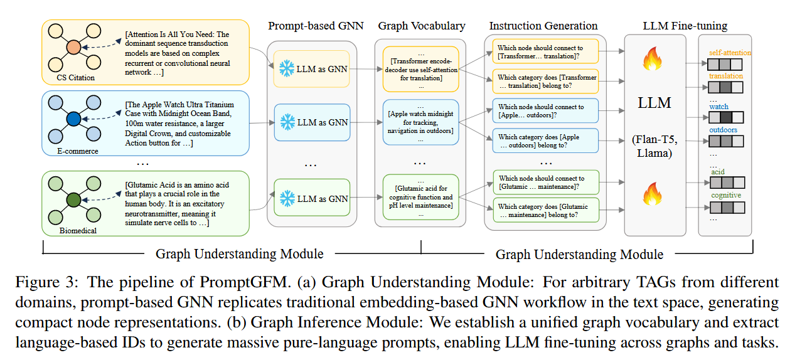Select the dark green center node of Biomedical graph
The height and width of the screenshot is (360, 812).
point(73,201)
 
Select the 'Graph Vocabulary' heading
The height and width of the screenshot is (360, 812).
point(422,26)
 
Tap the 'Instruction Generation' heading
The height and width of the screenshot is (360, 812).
point(543,26)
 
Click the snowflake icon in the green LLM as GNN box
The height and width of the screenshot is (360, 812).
point(287,199)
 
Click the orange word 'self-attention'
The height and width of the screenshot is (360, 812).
point(730,53)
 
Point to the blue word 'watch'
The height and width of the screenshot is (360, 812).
point(719,107)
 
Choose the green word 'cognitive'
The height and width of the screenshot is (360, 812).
point(726,195)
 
